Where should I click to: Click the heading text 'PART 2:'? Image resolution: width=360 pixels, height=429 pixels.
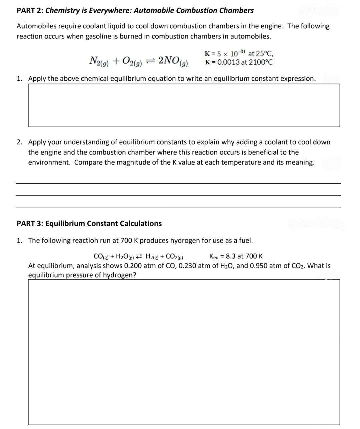(30, 10)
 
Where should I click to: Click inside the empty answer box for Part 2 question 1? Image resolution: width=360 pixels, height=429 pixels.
(184, 105)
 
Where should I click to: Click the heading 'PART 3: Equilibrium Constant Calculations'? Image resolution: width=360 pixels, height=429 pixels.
(89, 223)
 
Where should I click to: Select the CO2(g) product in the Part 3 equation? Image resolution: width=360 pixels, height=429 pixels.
(174, 257)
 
